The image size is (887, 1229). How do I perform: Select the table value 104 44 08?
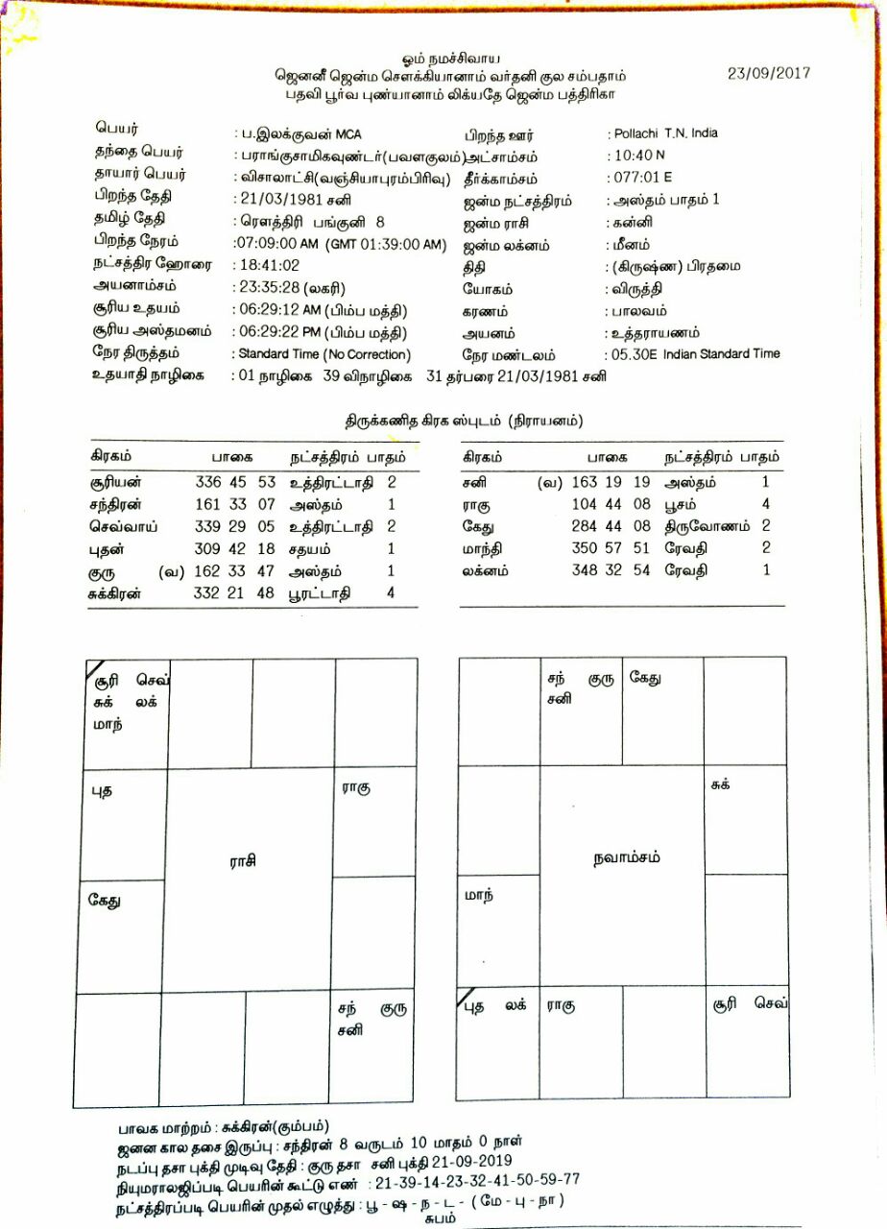(611, 505)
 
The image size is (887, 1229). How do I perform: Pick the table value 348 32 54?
(611, 570)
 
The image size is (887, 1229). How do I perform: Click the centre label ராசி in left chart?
(243, 861)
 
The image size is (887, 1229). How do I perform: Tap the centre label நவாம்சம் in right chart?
(627, 857)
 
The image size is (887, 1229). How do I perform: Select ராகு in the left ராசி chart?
(356, 787)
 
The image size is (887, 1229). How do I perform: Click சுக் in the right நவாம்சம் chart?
(720, 784)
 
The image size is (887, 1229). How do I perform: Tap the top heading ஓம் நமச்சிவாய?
(443, 60)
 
